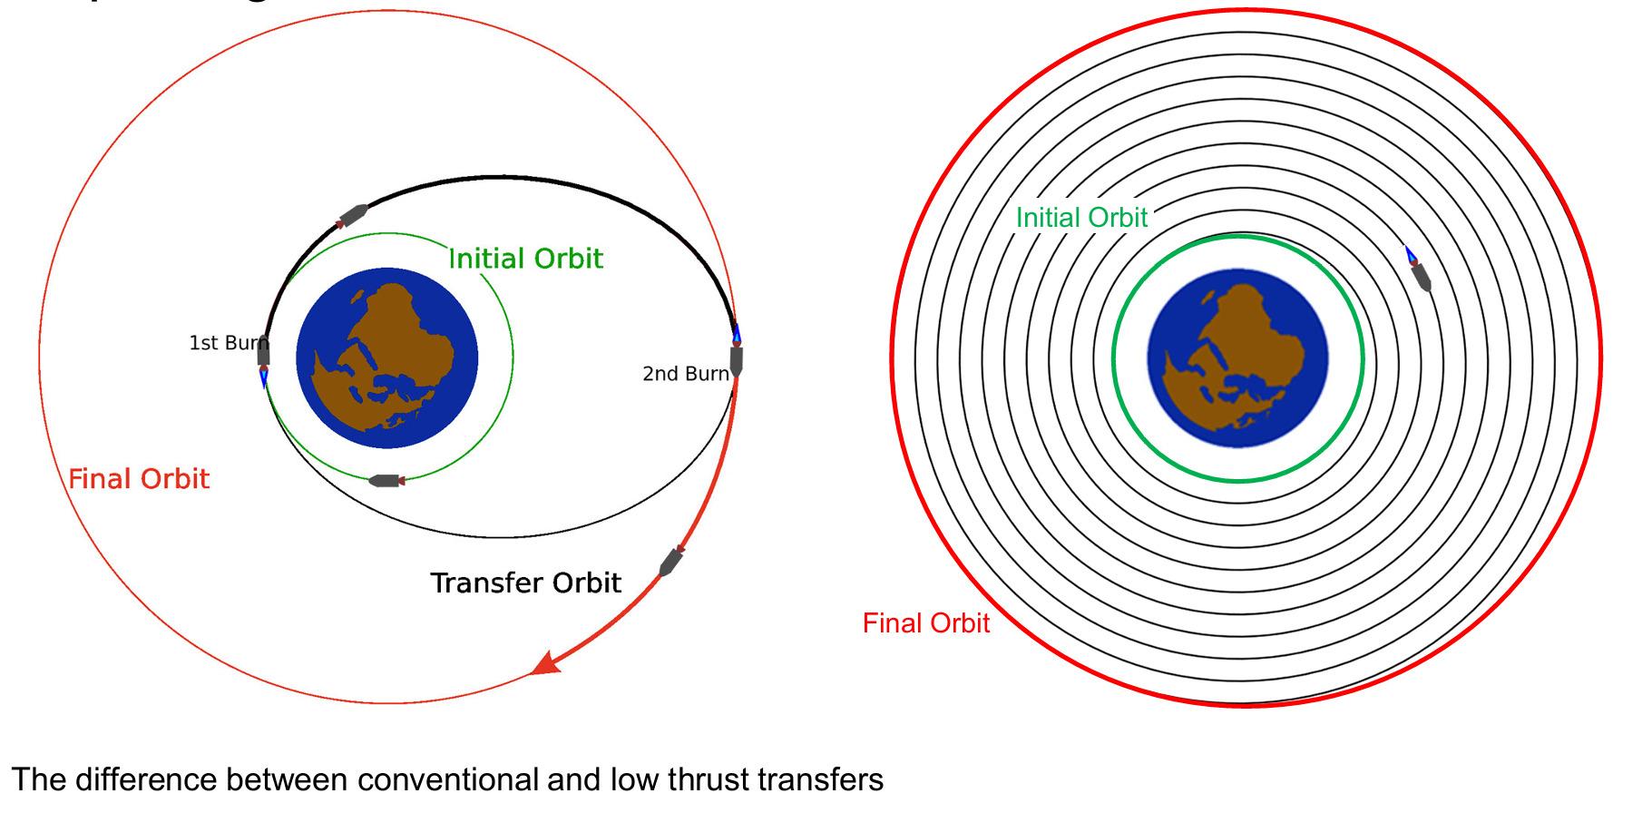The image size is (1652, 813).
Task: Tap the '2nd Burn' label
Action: click(x=685, y=374)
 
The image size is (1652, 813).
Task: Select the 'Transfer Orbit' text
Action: click(x=525, y=583)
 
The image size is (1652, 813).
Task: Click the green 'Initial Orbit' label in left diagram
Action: click(x=525, y=259)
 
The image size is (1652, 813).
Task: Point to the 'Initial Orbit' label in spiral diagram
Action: click(x=1081, y=218)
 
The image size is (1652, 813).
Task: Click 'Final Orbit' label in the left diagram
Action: click(x=139, y=478)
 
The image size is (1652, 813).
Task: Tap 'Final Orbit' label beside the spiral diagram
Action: click(x=925, y=623)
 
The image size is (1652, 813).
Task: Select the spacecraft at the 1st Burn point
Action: click(x=263, y=352)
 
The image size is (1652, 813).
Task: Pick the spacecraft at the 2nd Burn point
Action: click(x=737, y=358)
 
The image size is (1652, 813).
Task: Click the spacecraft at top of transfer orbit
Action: click(x=353, y=216)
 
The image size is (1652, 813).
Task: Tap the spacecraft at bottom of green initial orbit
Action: click(x=386, y=481)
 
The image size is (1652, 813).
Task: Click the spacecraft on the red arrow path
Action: click(x=670, y=562)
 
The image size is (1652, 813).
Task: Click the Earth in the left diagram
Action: click(x=387, y=358)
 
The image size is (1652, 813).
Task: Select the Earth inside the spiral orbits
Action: click(x=1237, y=358)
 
